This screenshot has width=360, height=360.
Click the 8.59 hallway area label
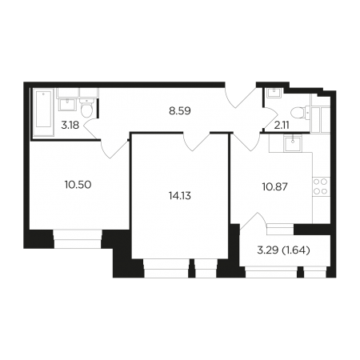[180, 111]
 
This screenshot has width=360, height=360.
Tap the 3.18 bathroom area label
[70, 125]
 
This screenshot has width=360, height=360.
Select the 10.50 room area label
[78, 185]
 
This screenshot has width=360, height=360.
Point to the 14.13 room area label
[180, 196]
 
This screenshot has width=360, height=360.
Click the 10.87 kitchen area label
[275, 187]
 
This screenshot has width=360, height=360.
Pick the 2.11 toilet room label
[282, 125]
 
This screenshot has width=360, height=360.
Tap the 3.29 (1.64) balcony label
[284, 250]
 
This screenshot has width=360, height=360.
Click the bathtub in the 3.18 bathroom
[43, 113]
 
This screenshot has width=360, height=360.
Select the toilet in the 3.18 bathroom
[86, 108]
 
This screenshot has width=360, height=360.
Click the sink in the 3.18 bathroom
[68, 104]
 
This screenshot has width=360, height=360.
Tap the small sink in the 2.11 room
[274, 93]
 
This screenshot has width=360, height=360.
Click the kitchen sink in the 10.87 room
[293, 142]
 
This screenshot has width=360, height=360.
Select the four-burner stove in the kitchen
[321, 186]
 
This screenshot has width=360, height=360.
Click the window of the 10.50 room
[78, 239]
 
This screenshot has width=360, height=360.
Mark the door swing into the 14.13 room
[197, 142]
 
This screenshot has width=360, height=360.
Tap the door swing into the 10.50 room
[114, 149]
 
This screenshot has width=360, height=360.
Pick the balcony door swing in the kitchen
[253, 222]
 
